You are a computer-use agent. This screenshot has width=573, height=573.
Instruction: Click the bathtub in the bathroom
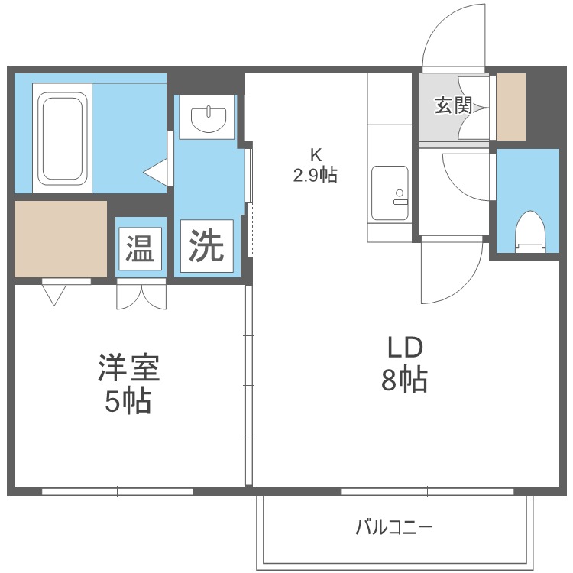tap(62, 138)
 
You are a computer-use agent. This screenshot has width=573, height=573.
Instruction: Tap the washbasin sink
tap(209, 118)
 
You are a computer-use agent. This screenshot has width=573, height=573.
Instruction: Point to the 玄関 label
tap(453, 105)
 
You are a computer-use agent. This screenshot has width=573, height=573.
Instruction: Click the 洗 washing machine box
tap(206, 245)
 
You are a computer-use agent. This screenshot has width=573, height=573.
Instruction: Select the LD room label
tap(404, 349)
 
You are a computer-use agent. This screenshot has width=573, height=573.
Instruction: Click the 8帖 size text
tap(404, 380)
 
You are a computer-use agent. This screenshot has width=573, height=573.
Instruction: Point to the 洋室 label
tap(128, 369)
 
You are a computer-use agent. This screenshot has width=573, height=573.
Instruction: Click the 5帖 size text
tap(128, 400)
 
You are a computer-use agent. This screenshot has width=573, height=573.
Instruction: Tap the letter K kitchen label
tap(315, 154)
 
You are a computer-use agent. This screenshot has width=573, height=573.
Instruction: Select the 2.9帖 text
tap(315, 175)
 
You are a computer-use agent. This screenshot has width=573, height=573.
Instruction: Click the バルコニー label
tap(394, 527)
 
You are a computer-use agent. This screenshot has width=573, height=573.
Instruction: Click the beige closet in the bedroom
tap(60, 238)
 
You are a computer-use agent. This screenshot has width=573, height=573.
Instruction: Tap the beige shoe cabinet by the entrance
tap(510, 107)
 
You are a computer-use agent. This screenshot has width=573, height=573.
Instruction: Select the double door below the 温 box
tap(140, 295)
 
